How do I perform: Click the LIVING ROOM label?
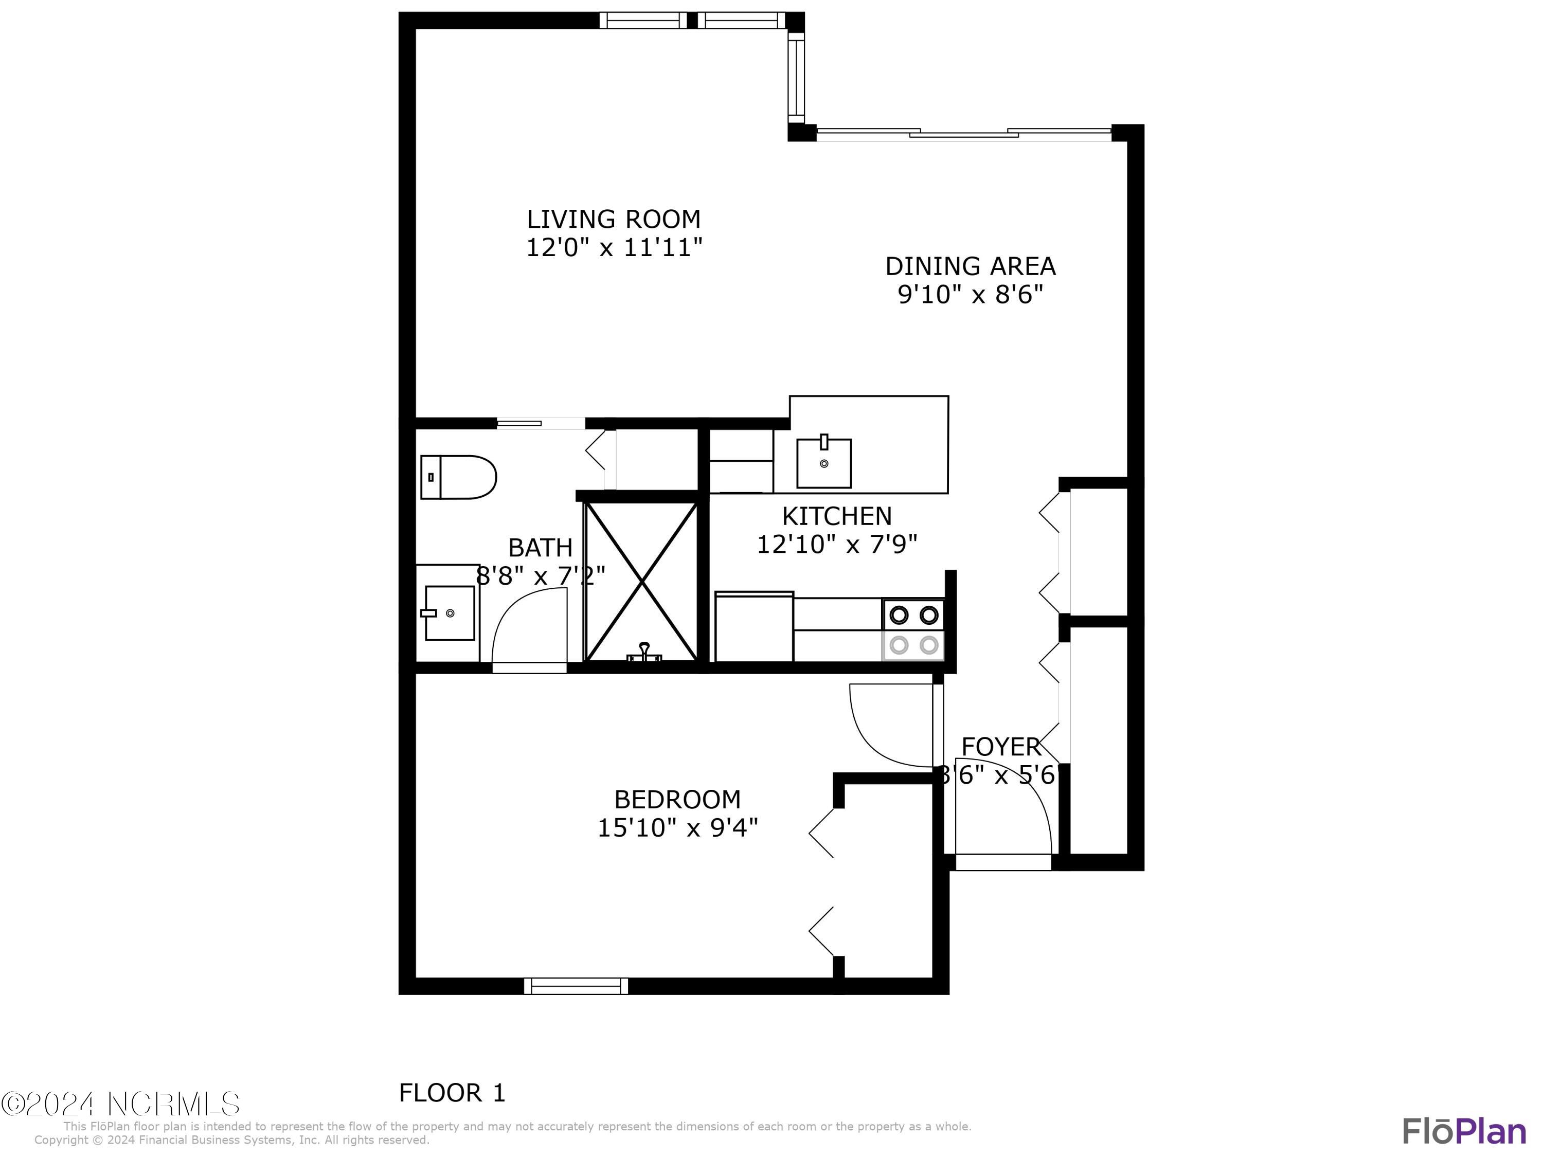(x=613, y=219)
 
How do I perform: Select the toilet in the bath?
(x=458, y=478)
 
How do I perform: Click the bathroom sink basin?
(x=450, y=613)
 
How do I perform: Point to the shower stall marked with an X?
(x=640, y=581)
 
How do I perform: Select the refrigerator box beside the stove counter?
(x=754, y=626)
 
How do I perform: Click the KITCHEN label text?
(x=836, y=516)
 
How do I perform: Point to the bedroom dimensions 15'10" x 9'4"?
(x=677, y=828)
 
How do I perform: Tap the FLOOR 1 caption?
(x=452, y=1092)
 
